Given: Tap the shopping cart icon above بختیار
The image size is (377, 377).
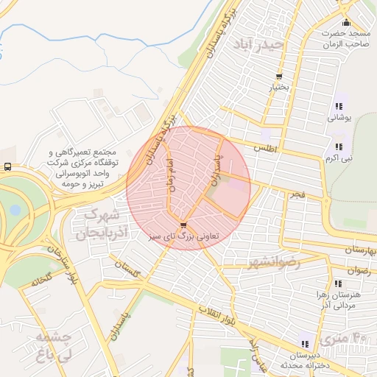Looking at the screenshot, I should (279, 77).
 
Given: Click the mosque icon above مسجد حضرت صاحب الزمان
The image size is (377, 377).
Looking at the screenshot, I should (346, 21).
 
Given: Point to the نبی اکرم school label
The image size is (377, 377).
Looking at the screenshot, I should (341, 158).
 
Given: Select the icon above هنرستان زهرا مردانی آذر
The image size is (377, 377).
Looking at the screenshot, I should (338, 283).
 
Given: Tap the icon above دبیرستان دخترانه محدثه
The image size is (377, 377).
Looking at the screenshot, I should (304, 343).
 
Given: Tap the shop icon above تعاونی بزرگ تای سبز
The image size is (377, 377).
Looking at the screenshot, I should (183, 225).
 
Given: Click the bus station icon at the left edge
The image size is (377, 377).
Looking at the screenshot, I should (7, 167).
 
